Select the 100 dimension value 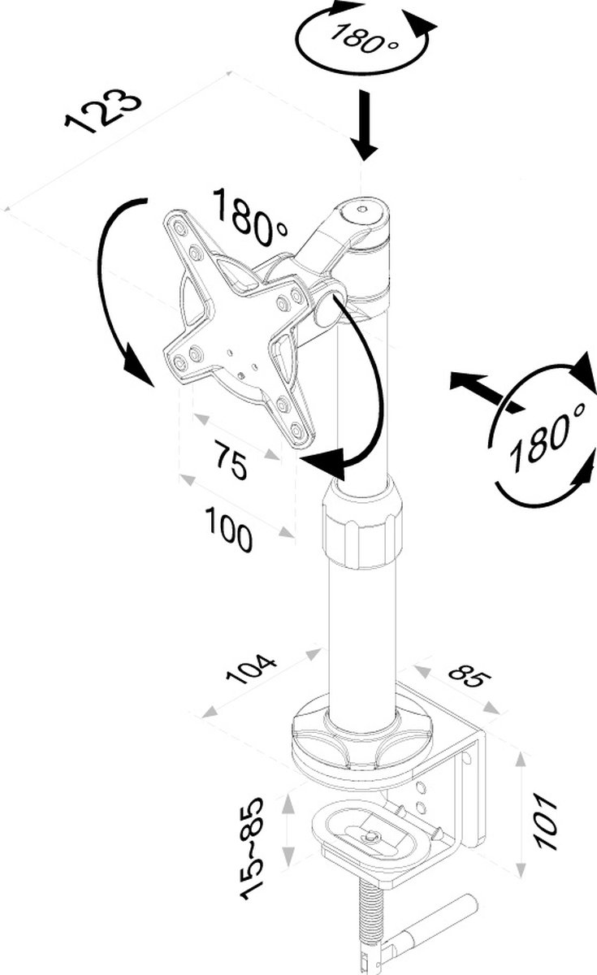point(229,529)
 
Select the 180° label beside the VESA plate point(250,216)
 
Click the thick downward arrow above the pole point(365,126)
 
